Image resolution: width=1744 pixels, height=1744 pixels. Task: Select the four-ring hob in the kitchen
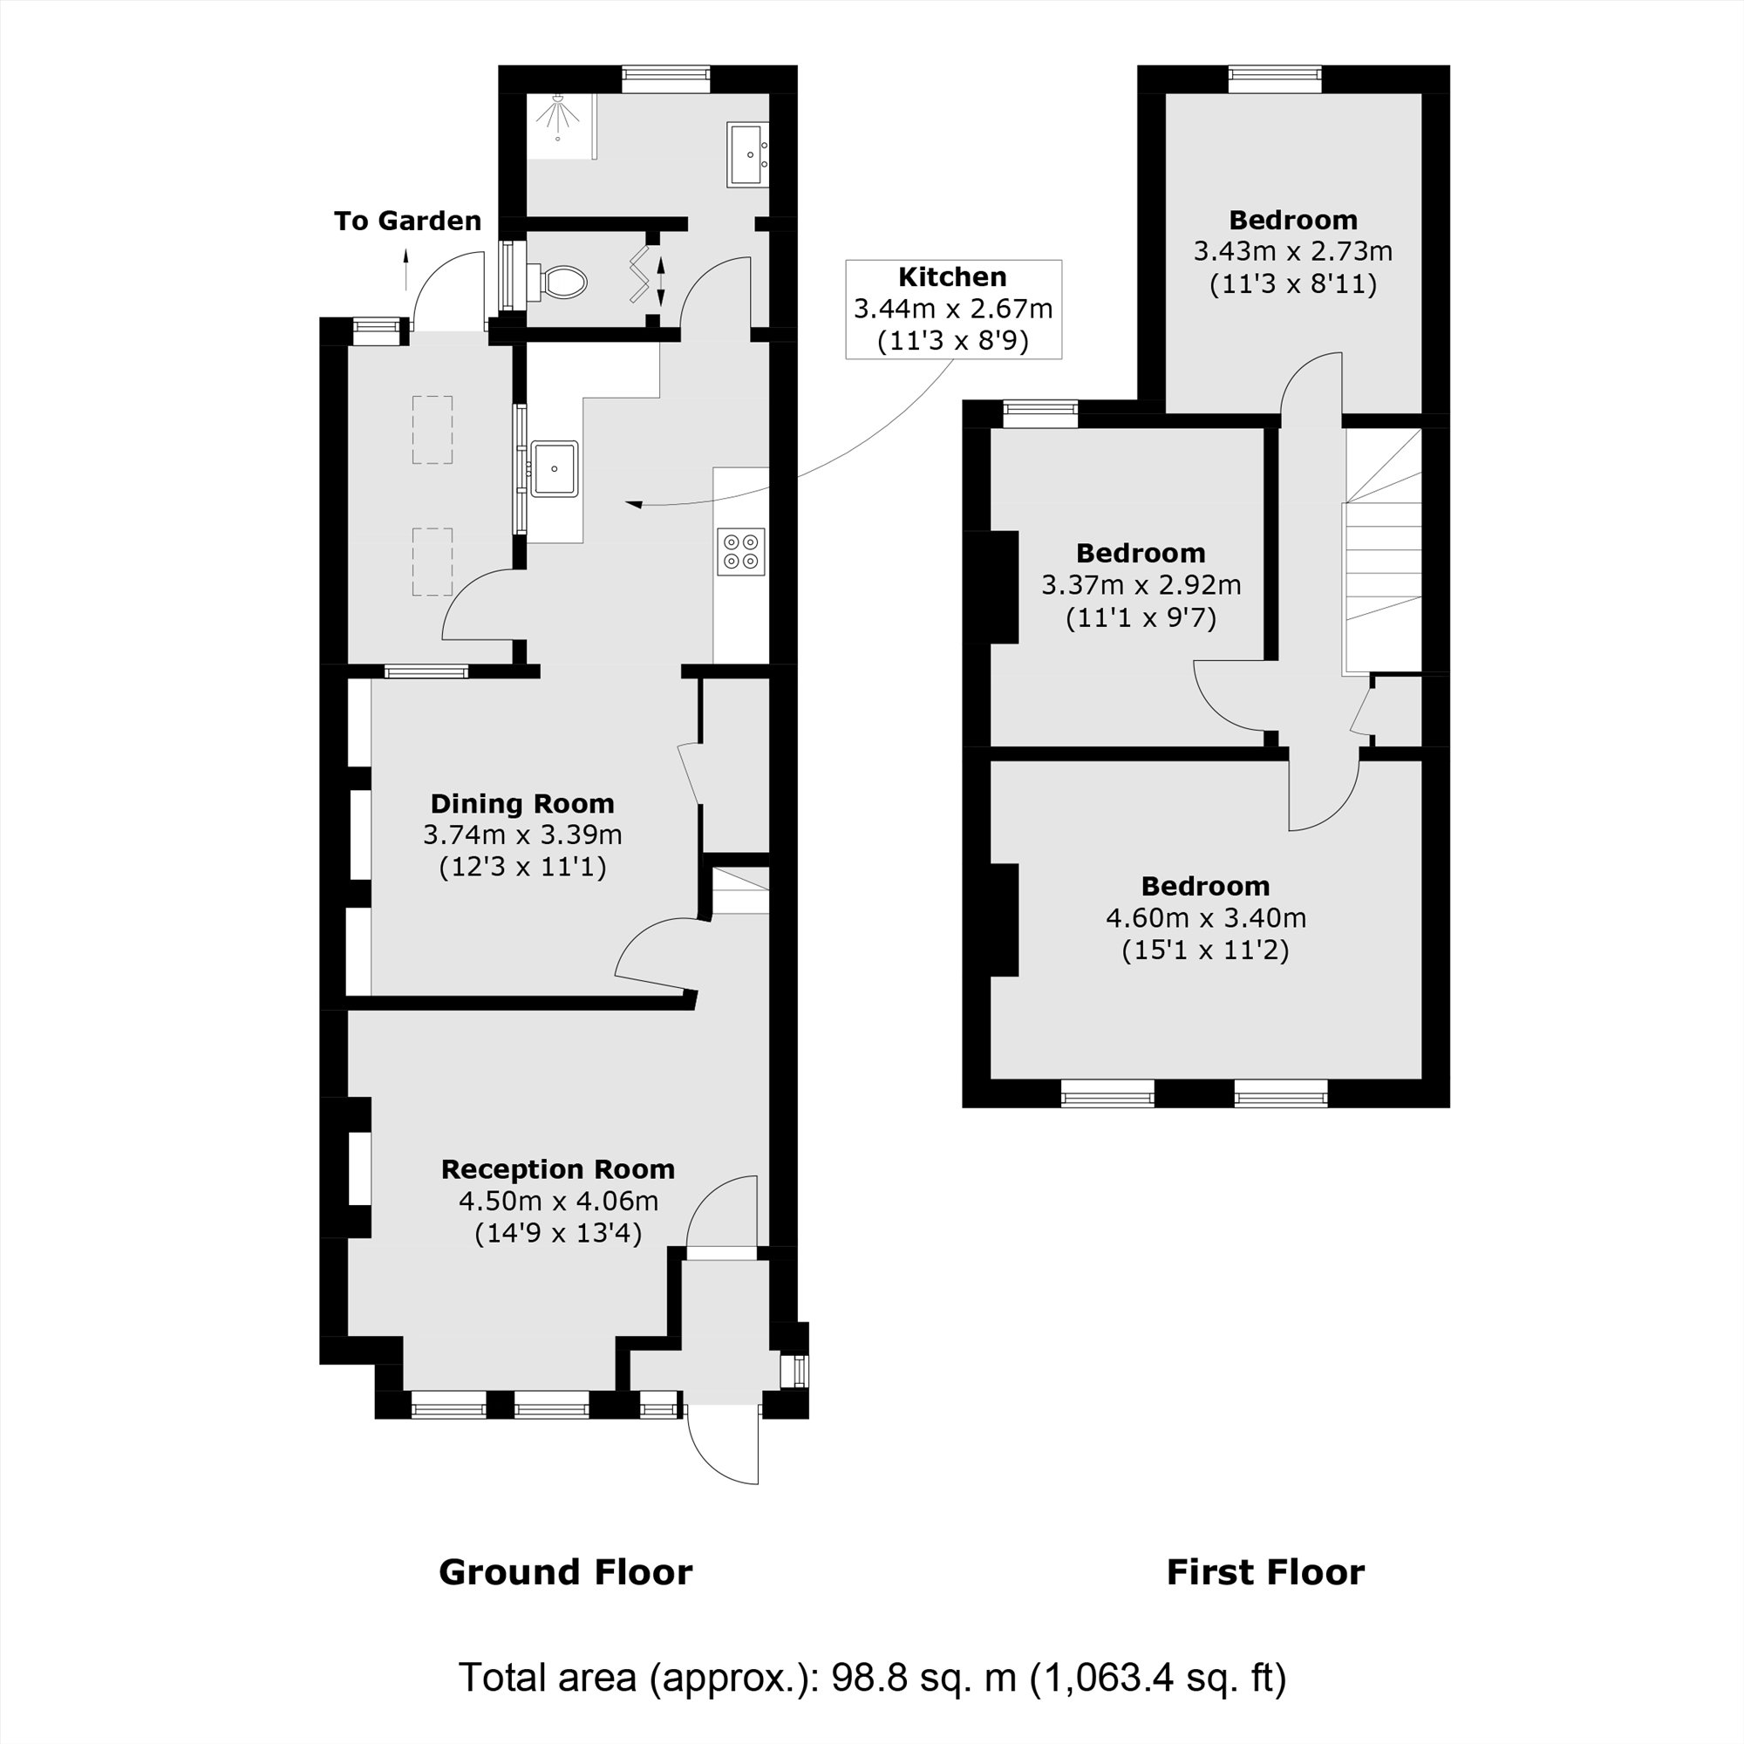[x=742, y=552]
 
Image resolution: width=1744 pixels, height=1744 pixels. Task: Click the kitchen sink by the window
[x=555, y=468]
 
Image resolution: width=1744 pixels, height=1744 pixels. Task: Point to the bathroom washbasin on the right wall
[x=747, y=155]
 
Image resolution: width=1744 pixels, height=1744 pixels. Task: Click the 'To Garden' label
[x=407, y=221]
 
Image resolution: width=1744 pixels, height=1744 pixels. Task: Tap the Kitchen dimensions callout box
[x=953, y=310]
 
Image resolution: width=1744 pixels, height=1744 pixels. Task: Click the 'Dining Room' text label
[x=521, y=803]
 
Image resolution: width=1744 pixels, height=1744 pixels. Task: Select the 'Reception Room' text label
[x=558, y=1169]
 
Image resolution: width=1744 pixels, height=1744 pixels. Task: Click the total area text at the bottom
[x=872, y=1677]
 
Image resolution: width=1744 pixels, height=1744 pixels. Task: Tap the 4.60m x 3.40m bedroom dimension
[x=1205, y=918]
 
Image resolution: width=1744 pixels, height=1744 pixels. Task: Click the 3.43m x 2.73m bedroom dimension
[x=1292, y=252]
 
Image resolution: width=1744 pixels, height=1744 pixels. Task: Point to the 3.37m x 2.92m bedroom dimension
[x=1141, y=585]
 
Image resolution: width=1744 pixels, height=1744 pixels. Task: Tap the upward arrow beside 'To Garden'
[x=405, y=269]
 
